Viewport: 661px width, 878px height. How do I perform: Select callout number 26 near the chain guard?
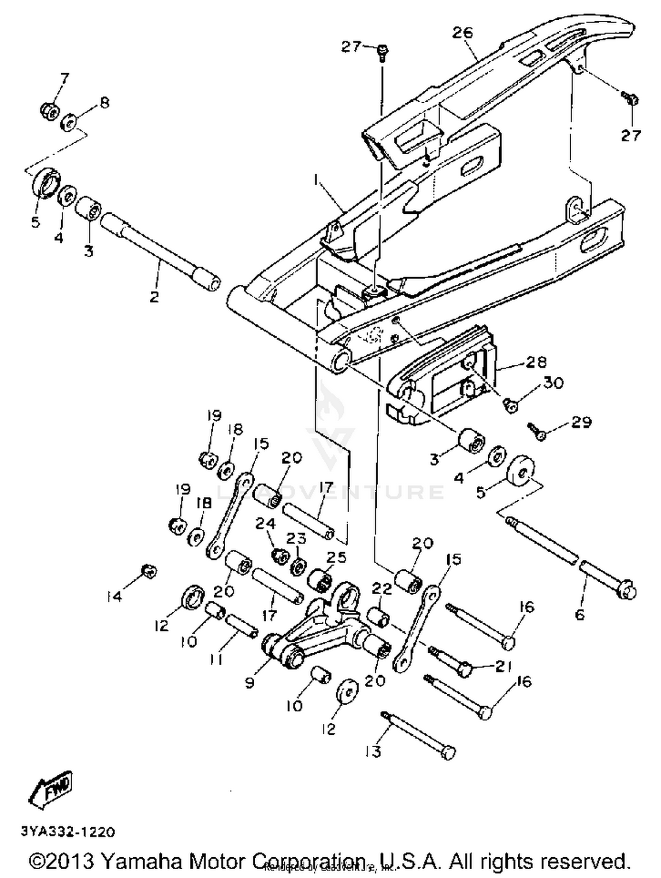click(x=462, y=32)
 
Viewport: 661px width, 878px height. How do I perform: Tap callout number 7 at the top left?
click(x=64, y=78)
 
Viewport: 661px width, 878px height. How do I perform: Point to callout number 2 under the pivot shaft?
click(x=154, y=297)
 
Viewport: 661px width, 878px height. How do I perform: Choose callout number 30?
click(x=553, y=383)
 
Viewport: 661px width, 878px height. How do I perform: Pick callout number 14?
click(x=114, y=596)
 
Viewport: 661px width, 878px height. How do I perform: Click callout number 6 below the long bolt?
click(x=580, y=614)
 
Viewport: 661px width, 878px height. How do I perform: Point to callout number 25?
click(x=336, y=557)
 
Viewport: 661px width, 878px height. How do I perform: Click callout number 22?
click(x=382, y=589)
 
